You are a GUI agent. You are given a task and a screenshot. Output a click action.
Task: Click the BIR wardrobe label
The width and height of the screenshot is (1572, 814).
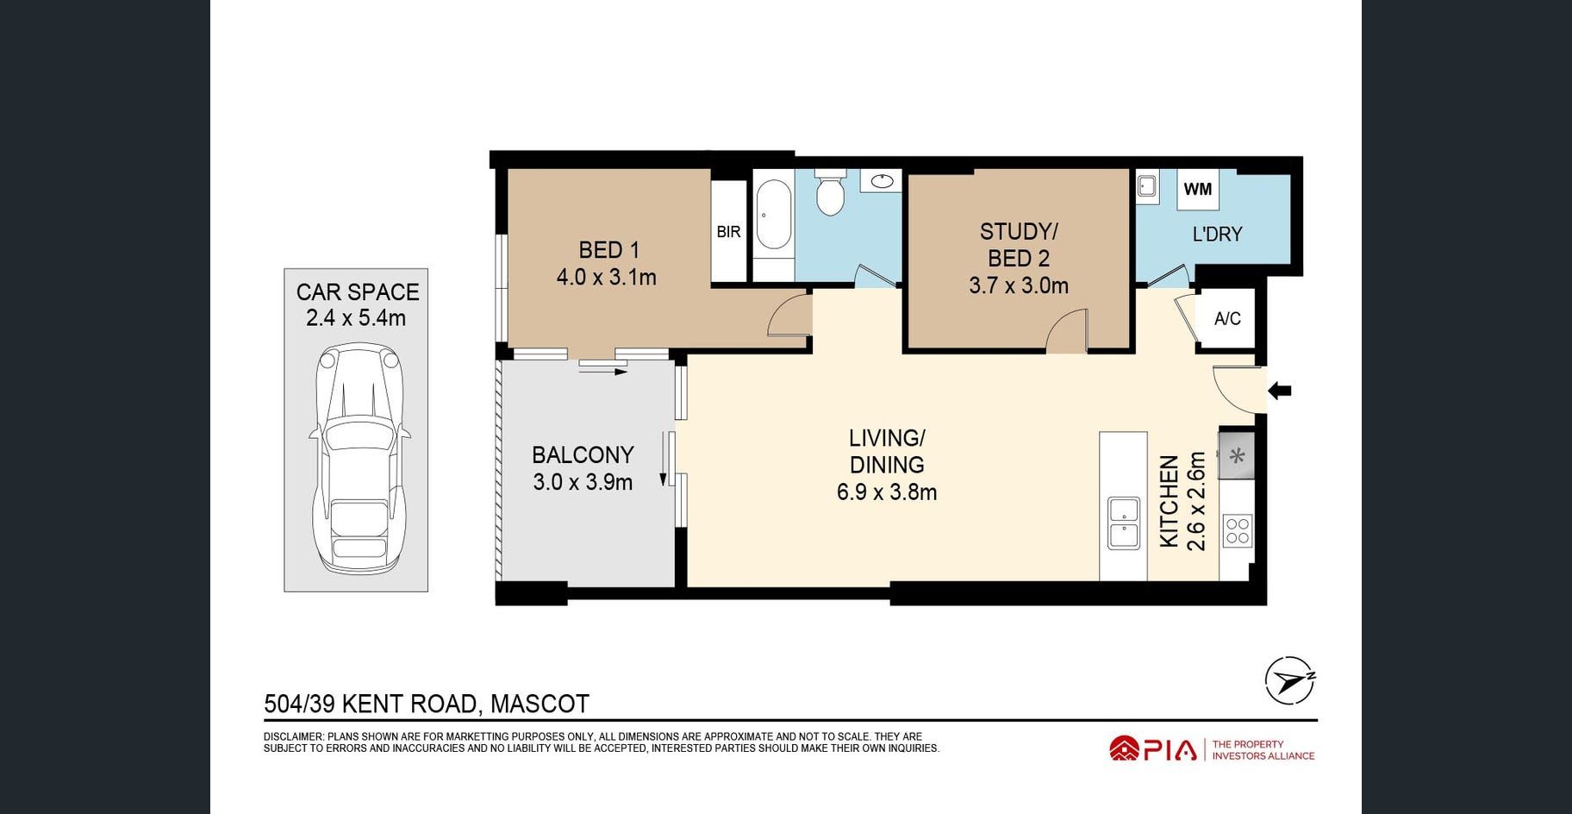(x=728, y=231)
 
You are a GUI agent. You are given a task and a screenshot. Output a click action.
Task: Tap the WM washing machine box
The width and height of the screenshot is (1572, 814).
(x=1198, y=189)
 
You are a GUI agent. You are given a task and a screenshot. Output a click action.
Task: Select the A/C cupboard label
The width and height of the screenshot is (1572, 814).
(x=1227, y=319)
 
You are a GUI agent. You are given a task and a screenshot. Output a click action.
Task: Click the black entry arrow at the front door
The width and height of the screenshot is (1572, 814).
(x=1279, y=391)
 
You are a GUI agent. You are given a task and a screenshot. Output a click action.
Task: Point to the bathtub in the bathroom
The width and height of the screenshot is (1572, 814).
(x=773, y=215)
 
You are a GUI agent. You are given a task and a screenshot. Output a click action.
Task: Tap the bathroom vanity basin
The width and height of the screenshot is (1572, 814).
(x=882, y=180)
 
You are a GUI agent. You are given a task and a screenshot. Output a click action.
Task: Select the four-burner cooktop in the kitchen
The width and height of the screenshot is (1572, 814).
(x=1237, y=529)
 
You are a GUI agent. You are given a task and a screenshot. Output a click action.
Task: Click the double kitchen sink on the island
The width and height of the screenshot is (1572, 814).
(x=1123, y=523)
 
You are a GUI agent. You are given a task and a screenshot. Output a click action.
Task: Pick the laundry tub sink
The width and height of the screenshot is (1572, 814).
(x=1146, y=186)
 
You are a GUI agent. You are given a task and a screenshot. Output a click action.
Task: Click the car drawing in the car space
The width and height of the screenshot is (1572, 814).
(x=358, y=459)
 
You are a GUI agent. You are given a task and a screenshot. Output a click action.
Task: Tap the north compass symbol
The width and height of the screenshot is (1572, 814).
(x=1290, y=681)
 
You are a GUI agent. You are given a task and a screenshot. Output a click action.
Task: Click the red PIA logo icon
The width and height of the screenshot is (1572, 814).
(x=1125, y=748)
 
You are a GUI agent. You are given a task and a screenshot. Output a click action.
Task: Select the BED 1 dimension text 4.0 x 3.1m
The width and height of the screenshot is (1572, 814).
(x=606, y=278)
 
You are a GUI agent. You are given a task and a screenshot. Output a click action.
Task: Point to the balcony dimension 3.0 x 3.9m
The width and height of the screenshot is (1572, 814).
(x=583, y=482)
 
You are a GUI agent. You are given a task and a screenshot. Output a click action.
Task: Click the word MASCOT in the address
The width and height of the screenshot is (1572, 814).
(x=540, y=704)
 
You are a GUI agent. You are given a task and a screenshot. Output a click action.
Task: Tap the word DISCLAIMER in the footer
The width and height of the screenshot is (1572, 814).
(x=293, y=736)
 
